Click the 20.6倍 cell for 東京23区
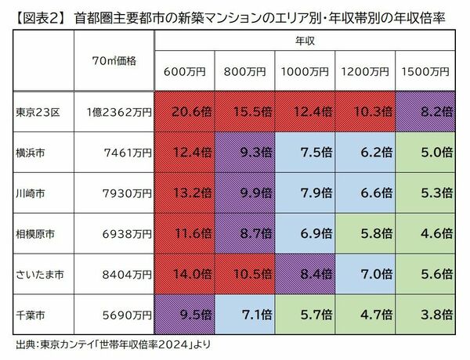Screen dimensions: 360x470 pos(185,112)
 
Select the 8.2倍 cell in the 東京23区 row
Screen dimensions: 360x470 pos(426,112)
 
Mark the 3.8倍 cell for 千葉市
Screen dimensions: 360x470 pos(426,315)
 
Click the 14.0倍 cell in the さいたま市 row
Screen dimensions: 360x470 pos(185,274)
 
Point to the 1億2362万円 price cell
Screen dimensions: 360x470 pos(119,112)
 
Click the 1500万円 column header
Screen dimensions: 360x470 pos(426,71)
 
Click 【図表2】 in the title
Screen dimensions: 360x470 pos(33,14)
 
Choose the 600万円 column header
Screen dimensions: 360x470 pos(185,71)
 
